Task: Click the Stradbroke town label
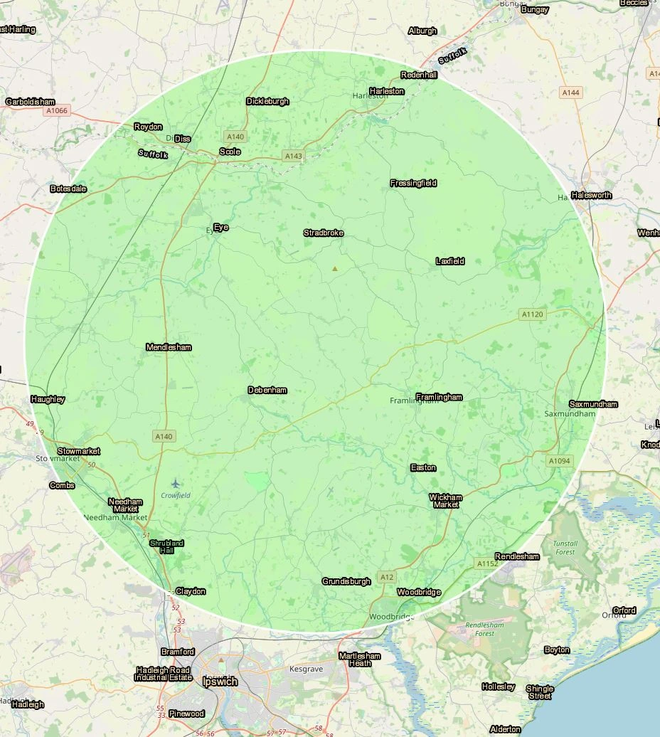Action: pyautogui.click(x=324, y=233)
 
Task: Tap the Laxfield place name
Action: pyautogui.click(x=449, y=261)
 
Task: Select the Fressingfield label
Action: pyautogui.click(x=413, y=183)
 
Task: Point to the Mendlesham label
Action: pyautogui.click(x=169, y=347)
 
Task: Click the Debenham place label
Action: pyautogui.click(x=267, y=390)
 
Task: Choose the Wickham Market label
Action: pyautogui.click(x=446, y=501)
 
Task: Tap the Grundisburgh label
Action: pyautogui.click(x=346, y=581)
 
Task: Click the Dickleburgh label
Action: pyautogui.click(x=267, y=101)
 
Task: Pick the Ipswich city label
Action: pyautogui.click(x=220, y=682)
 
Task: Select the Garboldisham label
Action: pyautogui.click(x=31, y=102)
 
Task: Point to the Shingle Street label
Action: pyautogui.click(x=540, y=692)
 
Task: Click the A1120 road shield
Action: pyautogui.click(x=532, y=314)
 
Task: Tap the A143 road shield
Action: pyautogui.click(x=292, y=156)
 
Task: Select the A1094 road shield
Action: pyautogui.click(x=559, y=461)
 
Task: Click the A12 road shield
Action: pyautogui.click(x=387, y=577)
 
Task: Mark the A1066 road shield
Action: pyautogui.click(x=56, y=111)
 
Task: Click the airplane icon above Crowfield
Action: pyautogui.click(x=176, y=484)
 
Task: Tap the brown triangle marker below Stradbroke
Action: pyautogui.click(x=335, y=268)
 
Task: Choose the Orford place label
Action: pyautogui.click(x=624, y=610)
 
